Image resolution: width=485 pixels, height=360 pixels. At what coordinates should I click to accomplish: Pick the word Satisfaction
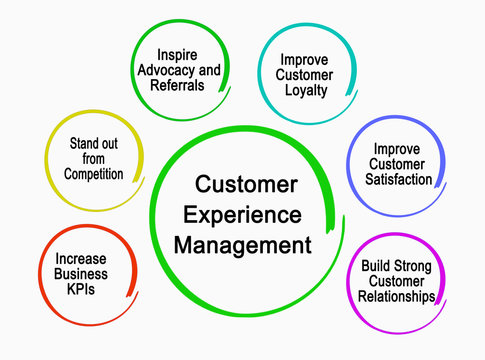coord(398,180)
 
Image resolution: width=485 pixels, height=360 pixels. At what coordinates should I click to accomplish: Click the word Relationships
coord(398,298)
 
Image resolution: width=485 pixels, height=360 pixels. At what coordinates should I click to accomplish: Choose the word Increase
coord(82,258)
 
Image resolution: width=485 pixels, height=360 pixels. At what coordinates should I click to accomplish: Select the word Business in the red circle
coord(82,274)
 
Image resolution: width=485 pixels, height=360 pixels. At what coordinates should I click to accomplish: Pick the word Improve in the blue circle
coord(398,149)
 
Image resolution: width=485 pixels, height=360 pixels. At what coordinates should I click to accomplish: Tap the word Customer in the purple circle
coord(398,282)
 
